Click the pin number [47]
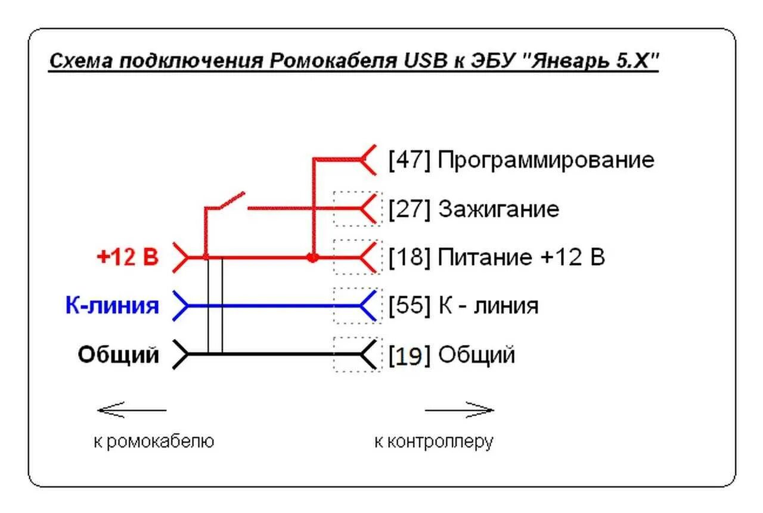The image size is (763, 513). tap(409, 160)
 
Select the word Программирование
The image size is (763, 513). tap(546, 160)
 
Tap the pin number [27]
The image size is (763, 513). tap(409, 209)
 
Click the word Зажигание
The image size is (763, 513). tap(499, 209)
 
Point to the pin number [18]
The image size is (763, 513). tap(409, 258)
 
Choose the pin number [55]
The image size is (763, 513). tap(409, 306)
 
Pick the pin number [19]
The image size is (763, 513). tap(409, 355)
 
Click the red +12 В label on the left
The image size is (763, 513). tap(128, 258)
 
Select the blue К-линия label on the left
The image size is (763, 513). tap(112, 306)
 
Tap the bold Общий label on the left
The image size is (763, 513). tap(119, 355)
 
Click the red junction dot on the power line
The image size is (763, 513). tap(312, 258)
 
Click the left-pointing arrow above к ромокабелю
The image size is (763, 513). tap(131, 410)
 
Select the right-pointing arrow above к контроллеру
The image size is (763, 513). tap(460, 410)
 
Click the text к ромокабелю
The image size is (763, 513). tap(154, 442)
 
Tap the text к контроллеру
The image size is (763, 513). tap(434, 442)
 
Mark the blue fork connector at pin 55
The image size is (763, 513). tap(368, 306)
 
